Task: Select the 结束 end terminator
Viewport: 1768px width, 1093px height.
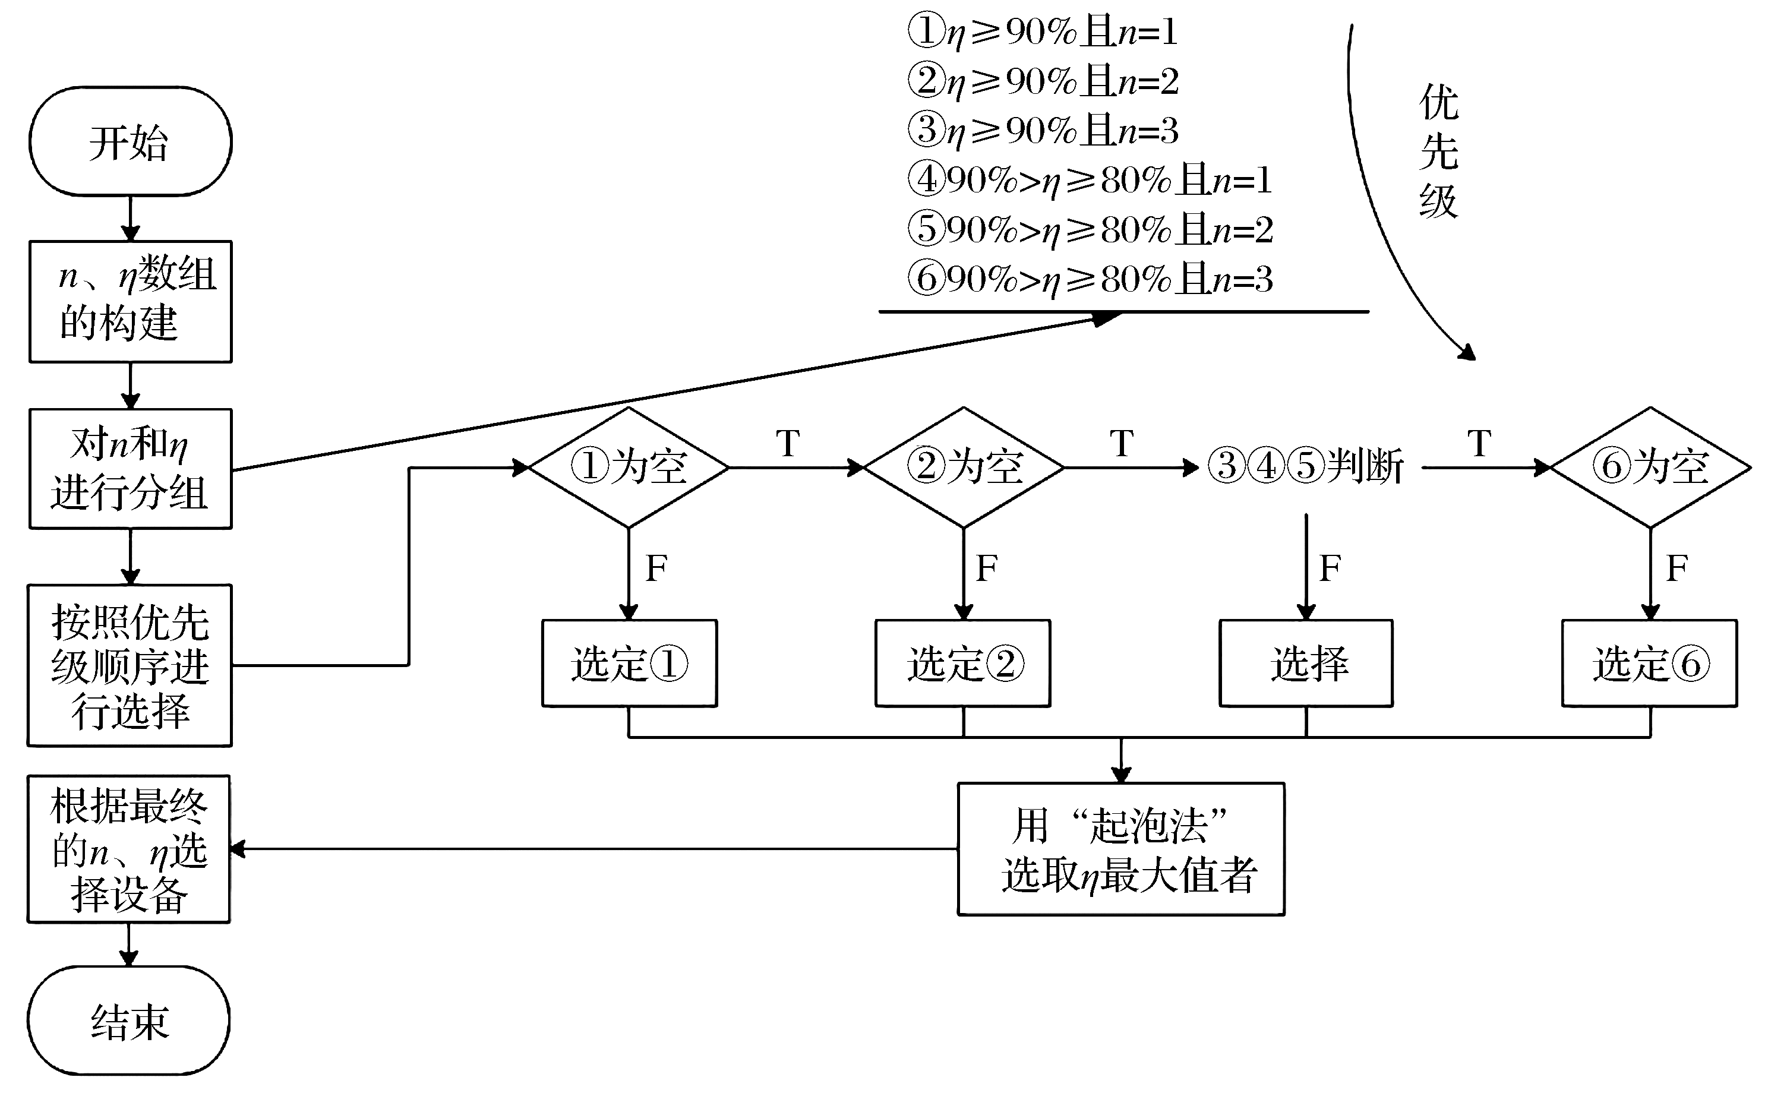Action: (129, 1021)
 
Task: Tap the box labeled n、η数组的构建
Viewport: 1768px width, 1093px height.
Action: (130, 301)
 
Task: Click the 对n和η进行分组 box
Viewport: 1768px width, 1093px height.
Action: (130, 469)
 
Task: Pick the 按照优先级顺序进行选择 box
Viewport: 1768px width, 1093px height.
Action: (130, 665)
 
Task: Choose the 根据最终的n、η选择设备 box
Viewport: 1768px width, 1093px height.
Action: (129, 849)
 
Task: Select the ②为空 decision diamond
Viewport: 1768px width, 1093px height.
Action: (964, 467)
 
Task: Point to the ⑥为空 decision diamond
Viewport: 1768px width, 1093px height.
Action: (1650, 467)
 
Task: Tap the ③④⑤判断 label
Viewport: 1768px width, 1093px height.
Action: (1305, 466)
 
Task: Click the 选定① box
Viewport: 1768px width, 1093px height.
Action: (630, 663)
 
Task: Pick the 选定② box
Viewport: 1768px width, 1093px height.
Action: (963, 663)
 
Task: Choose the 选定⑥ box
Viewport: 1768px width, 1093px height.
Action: (1649, 663)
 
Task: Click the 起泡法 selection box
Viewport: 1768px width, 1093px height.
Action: (1121, 849)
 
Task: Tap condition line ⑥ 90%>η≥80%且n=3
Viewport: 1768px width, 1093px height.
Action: (1090, 279)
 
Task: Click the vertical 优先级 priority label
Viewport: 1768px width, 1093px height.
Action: (1438, 152)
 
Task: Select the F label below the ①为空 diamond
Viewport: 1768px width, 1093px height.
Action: (656, 568)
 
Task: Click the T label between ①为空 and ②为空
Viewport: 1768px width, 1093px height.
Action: (787, 443)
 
